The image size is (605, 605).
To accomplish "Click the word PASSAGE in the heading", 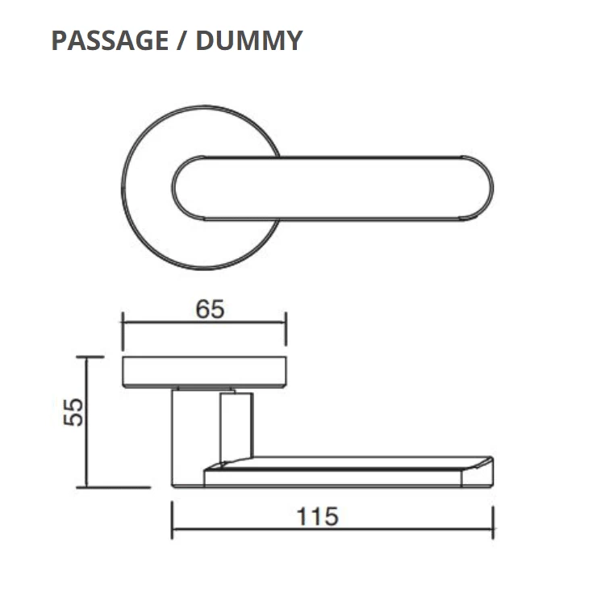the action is [x=110, y=40].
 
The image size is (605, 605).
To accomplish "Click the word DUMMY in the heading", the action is [x=249, y=40].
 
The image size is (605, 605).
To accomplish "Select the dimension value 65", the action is [x=210, y=310].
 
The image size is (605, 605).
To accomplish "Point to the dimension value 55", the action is [x=73, y=412].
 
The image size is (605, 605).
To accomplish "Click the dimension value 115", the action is [x=317, y=516].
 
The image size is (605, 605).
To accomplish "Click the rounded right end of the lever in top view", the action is [x=478, y=188].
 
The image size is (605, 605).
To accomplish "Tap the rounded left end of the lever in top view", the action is [x=188, y=188].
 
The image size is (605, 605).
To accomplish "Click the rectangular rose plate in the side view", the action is [x=204, y=372].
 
